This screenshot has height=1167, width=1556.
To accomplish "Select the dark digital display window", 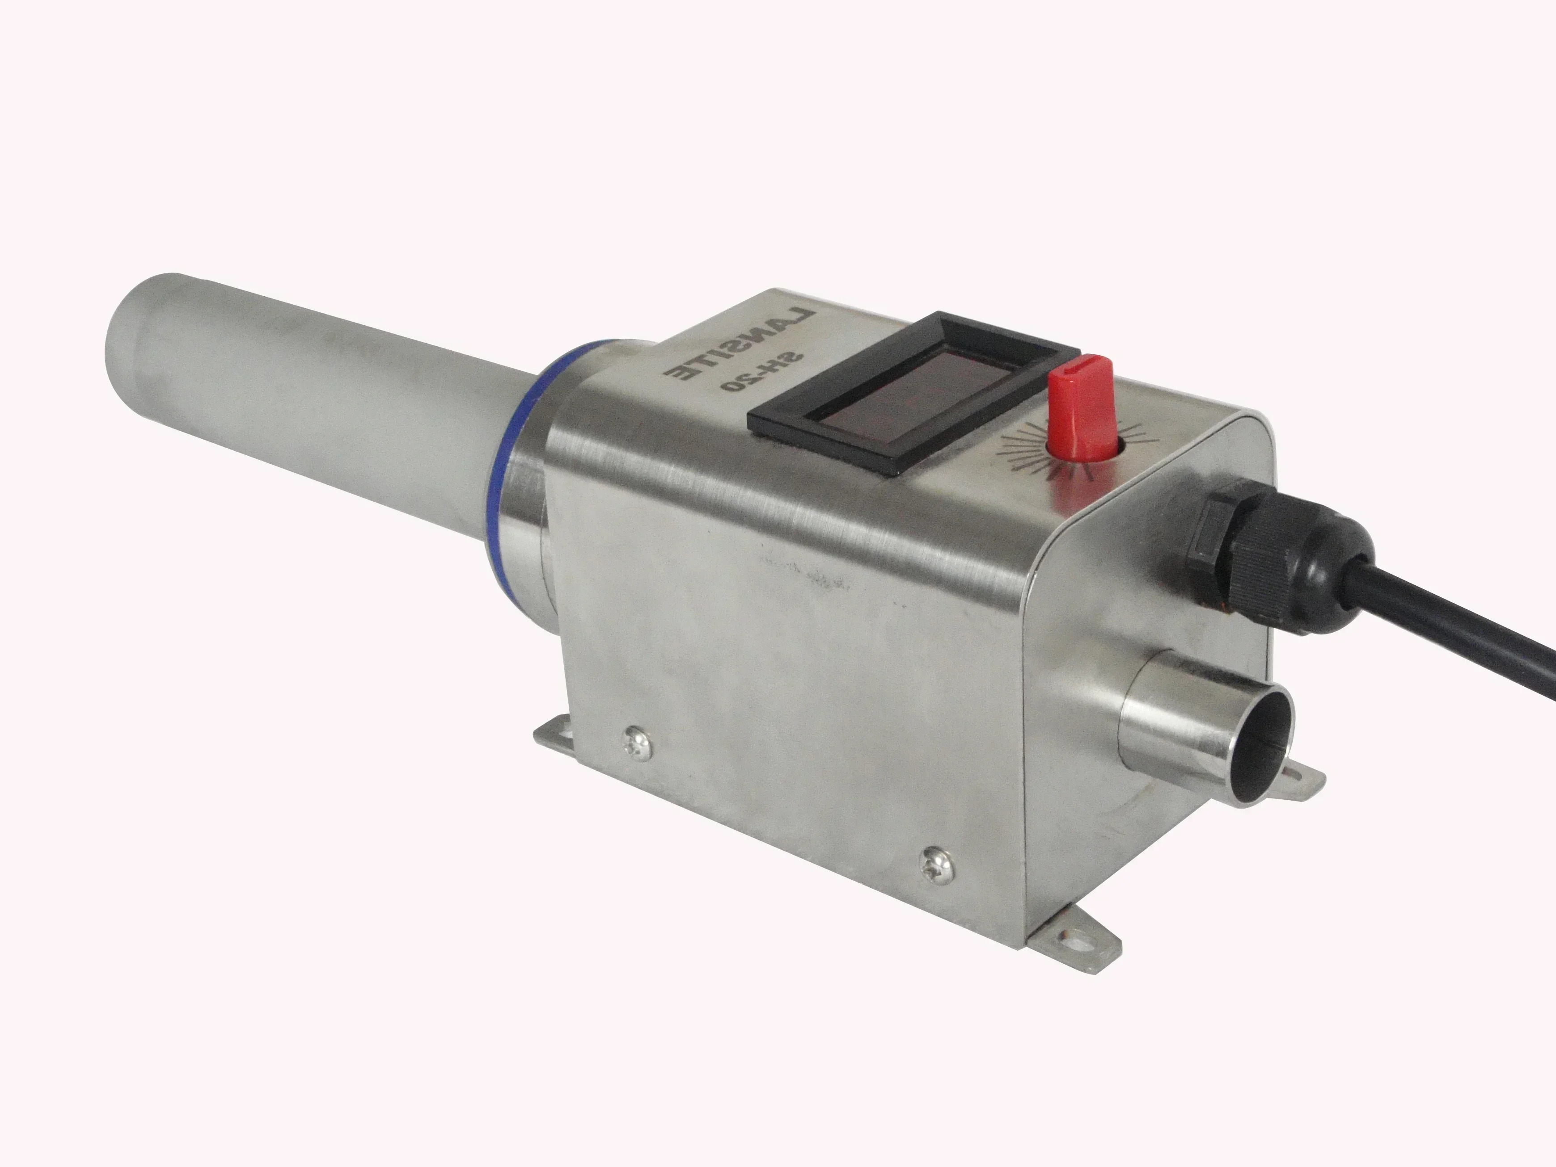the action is tap(914, 394).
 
